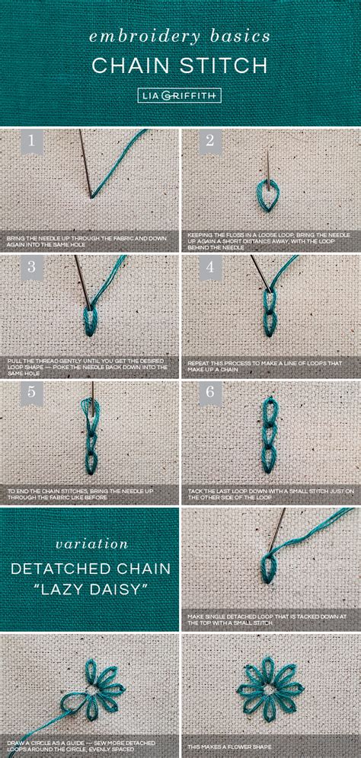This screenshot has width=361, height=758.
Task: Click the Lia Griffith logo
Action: click(180, 96)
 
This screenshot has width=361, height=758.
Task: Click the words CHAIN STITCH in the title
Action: click(180, 65)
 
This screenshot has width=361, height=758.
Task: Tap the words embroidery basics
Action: click(180, 36)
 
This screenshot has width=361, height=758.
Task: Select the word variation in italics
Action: click(90, 543)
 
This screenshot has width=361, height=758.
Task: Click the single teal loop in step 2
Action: click(266, 196)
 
